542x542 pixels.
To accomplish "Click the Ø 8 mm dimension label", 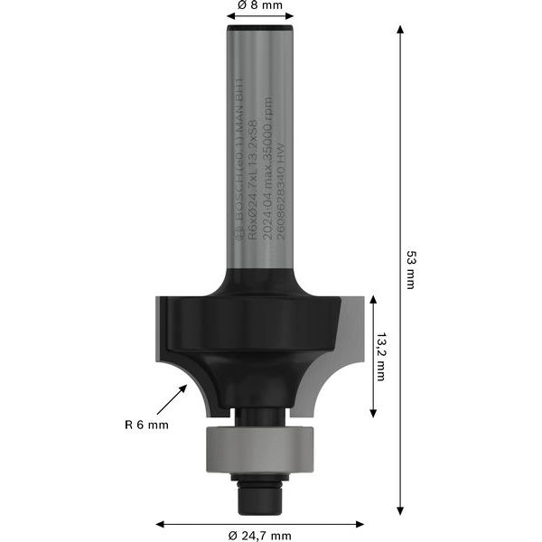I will (259, 5).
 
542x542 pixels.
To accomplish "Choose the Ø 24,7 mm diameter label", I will (259, 535).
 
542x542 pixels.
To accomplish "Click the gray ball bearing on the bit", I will (259, 447).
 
